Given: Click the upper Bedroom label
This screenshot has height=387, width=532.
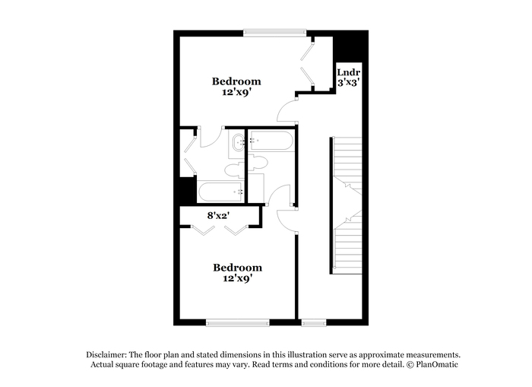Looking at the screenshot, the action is [x=236, y=81].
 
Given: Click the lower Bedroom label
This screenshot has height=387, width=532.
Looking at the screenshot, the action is [x=237, y=268].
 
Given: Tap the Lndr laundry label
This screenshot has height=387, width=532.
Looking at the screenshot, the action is [x=348, y=72].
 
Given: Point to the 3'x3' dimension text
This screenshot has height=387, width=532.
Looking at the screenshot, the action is [x=348, y=82].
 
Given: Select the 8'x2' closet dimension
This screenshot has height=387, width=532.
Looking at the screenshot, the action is [x=219, y=216].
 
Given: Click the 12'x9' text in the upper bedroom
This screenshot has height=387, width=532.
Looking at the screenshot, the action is [x=236, y=92].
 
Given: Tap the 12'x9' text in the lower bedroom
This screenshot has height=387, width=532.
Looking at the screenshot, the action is [x=237, y=278].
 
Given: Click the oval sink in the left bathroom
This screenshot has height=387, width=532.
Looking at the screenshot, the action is [x=238, y=143].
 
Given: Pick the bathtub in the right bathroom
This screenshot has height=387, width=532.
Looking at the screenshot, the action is [x=271, y=141].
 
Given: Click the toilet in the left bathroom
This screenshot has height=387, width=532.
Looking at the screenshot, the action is [x=235, y=170].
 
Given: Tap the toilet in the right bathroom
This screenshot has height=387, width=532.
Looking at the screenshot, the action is [x=258, y=163].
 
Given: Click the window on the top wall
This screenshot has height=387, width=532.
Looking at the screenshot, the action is [x=275, y=33].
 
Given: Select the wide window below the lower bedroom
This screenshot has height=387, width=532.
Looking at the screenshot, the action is [x=237, y=322].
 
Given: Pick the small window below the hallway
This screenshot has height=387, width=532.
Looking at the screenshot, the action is [x=314, y=322].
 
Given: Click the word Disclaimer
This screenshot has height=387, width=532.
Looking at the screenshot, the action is [x=106, y=355].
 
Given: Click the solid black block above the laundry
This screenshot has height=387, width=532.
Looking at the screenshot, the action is [x=350, y=46].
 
